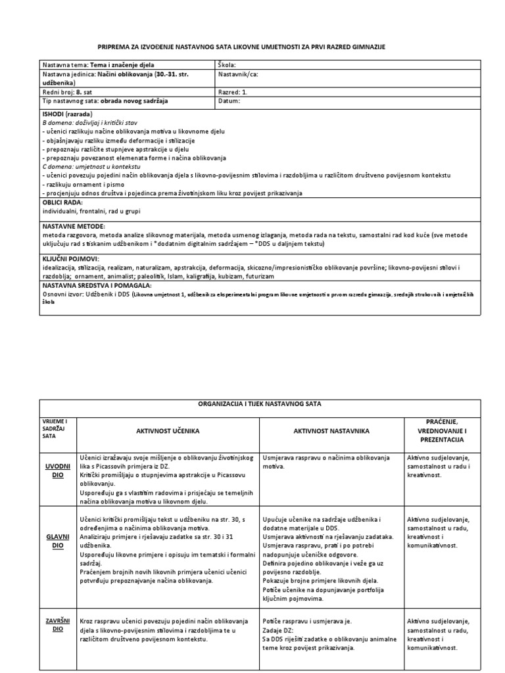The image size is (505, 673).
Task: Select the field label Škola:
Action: [227, 65]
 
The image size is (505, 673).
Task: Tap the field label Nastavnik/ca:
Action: [238, 74]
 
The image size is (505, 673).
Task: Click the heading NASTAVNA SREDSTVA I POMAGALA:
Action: [97, 286]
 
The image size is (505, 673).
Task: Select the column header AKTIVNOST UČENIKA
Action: [167, 430]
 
